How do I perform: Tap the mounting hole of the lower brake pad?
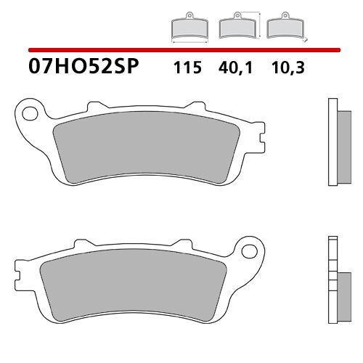250,253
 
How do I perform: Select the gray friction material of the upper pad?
149,150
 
